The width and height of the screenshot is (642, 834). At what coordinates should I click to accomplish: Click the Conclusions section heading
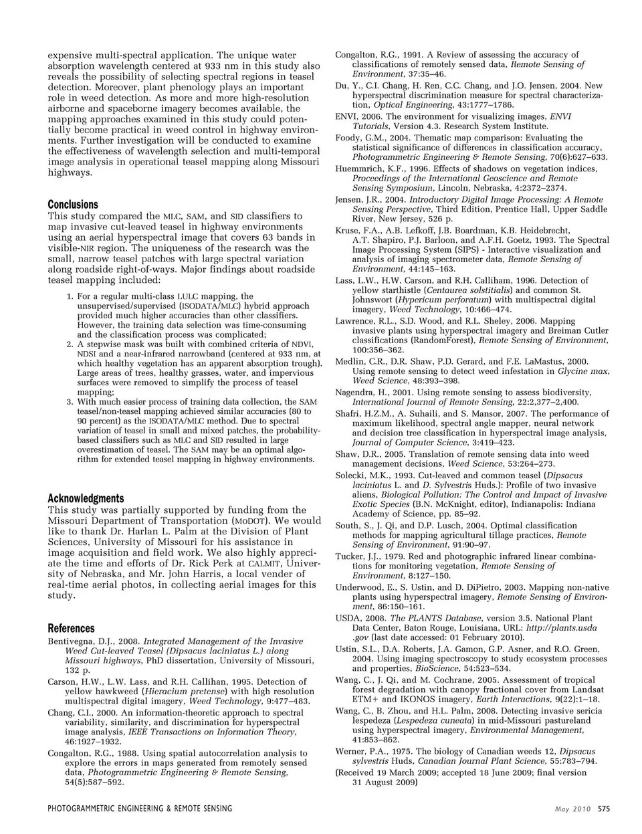[73, 205]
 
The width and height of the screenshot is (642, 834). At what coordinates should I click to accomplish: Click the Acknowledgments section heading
[86, 498]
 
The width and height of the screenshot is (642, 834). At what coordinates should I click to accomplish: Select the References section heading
[72, 629]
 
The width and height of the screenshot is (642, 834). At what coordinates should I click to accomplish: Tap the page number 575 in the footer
[605, 809]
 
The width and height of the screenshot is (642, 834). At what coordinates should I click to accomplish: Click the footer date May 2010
[573, 809]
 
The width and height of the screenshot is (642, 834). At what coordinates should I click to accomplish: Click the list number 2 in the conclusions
[70, 344]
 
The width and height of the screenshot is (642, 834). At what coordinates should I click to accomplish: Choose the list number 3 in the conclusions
[70, 402]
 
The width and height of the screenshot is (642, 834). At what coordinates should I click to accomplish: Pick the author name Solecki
[353, 475]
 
